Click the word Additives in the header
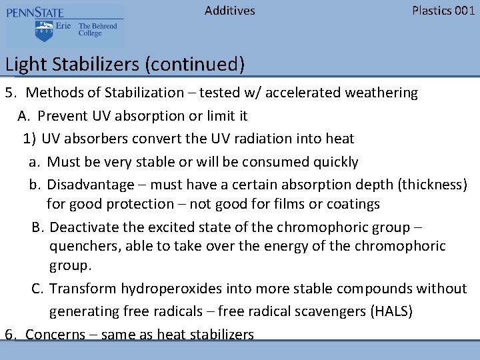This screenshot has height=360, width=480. tap(229, 11)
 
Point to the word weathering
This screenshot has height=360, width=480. tap(381, 93)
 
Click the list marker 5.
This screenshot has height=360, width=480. tap(10, 93)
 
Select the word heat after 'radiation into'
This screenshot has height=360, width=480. tap(340, 139)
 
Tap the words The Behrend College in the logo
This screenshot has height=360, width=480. tap(97, 30)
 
